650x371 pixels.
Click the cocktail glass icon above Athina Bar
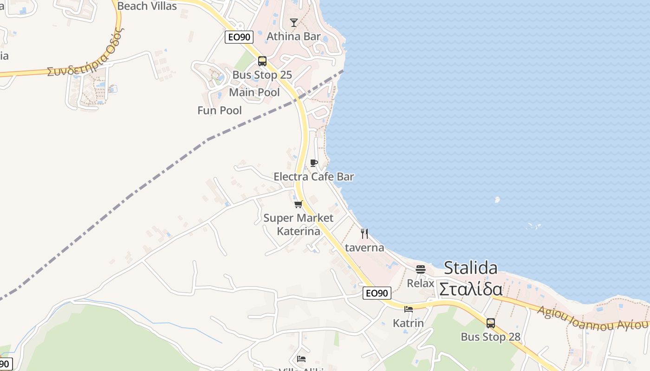point(293,22)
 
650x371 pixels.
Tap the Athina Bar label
point(293,36)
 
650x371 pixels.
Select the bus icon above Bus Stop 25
point(262,61)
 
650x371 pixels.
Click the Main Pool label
point(254,92)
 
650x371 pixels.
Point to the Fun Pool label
point(220,110)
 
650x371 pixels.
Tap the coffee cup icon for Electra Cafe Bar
point(314,163)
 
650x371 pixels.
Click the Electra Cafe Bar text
point(314,177)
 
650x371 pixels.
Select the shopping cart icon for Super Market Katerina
point(299,204)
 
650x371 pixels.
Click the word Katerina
point(299,231)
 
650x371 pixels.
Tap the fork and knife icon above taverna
point(364,233)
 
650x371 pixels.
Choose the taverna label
point(364,248)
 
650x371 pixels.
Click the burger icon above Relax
point(421,269)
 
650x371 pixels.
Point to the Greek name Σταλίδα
point(470,289)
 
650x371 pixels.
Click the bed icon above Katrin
point(409,309)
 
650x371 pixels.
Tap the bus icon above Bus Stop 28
point(491,323)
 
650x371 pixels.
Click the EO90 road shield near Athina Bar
point(239,37)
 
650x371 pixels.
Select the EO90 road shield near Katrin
point(377,293)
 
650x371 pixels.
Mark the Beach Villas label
point(147,6)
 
